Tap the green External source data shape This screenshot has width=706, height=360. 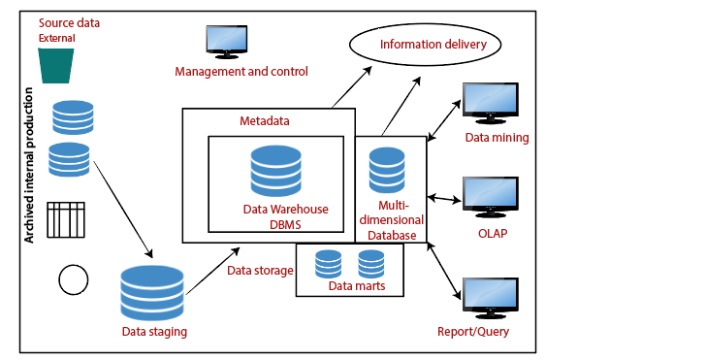[57, 65]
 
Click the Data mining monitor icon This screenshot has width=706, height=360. [491, 105]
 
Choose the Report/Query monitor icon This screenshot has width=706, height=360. [491, 300]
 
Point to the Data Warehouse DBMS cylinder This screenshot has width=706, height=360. [275, 172]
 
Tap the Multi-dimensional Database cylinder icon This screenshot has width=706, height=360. [387, 171]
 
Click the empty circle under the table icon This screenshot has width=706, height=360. [74, 279]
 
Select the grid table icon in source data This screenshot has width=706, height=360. [67, 220]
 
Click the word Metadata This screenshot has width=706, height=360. [265, 121]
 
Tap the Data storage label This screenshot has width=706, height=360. [259, 270]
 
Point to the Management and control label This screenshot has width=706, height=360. [241, 71]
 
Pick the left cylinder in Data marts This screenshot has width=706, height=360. [329, 263]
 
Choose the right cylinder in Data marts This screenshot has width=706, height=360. [371, 263]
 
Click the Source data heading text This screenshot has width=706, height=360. [69, 22]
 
